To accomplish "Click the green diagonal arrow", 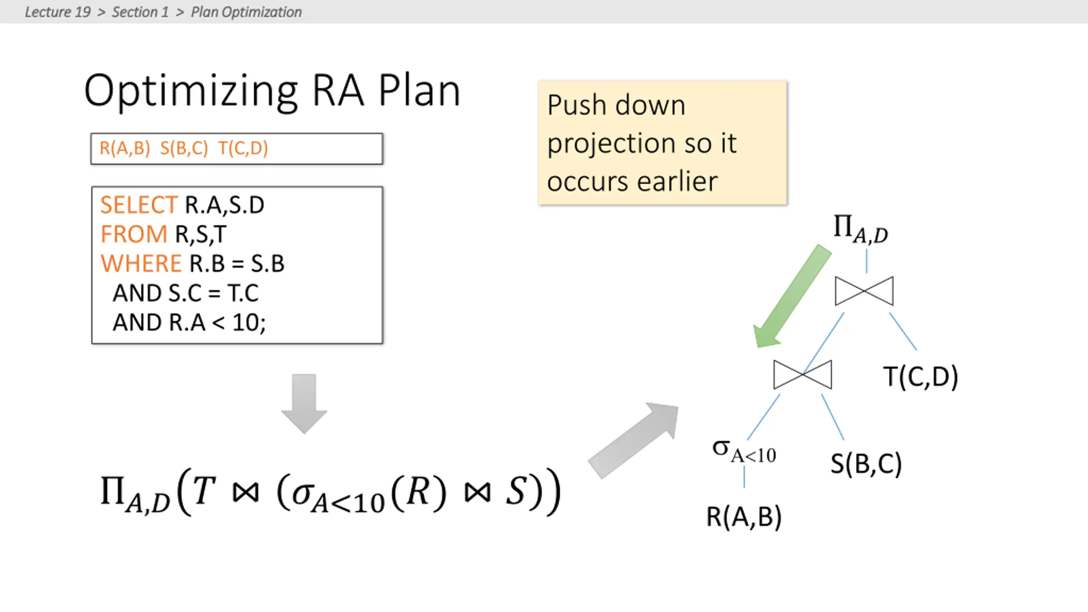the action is tap(791, 297).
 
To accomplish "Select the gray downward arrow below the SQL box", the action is tap(304, 404).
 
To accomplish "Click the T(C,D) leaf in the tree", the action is tap(921, 377).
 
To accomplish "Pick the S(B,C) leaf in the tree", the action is tap(866, 463).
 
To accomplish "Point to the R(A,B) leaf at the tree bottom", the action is tap(744, 517).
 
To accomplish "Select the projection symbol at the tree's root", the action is tap(861, 229).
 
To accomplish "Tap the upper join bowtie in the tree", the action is tap(864, 291).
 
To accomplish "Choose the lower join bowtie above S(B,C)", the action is tap(802, 374).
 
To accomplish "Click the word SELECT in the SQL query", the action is tap(139, 205).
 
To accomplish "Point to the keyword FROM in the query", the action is tap(134, 234).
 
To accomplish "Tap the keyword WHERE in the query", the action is tap(141, 263).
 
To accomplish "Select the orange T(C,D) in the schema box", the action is tap(243, 148).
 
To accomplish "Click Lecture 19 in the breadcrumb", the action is tap(58, 12).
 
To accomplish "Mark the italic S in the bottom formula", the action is tap(517, 490).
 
